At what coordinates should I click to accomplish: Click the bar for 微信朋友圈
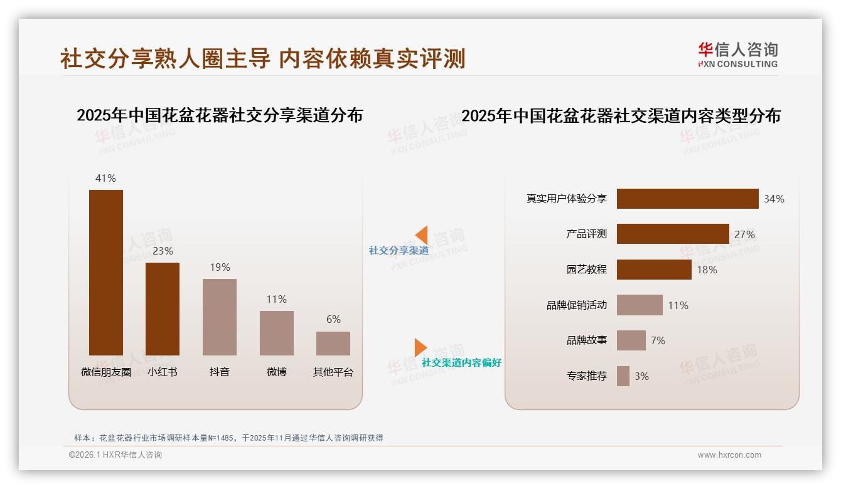click(x=106, y=272)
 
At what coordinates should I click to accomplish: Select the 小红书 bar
click(x=163, y=308)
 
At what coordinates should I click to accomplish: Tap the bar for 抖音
click(x=220, y=317)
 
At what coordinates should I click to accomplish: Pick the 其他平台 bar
click(x=333, y=343)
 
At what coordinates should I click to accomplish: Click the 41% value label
click(x=105, y=178)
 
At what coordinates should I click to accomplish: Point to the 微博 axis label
click(x=276, y=372)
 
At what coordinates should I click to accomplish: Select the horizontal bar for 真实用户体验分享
click(x=687, y=199)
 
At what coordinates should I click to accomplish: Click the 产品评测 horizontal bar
click(x=673, y=234)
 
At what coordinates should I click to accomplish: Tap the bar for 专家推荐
click(x=623, y=376)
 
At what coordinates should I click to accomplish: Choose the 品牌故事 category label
click(x=587, y=340)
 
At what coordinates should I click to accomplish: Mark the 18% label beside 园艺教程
click(x=707, y=270)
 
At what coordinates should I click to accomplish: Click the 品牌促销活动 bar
click(x=640, y=305)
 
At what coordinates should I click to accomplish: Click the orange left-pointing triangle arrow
click(x=421, y=235)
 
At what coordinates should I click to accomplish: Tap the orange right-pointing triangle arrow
click(x=420, y=347)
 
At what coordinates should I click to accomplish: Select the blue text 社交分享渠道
click(x=399, y=251)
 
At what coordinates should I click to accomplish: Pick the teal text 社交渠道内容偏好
click(x=461, y=363)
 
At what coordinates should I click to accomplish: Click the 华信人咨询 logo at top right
click(x=737, y=55)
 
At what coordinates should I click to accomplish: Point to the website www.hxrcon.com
click(x=729, y=455)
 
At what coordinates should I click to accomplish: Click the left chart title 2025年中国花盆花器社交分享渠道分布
click(x=220, y=115)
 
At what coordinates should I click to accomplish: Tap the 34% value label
click(x=774, y=199)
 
